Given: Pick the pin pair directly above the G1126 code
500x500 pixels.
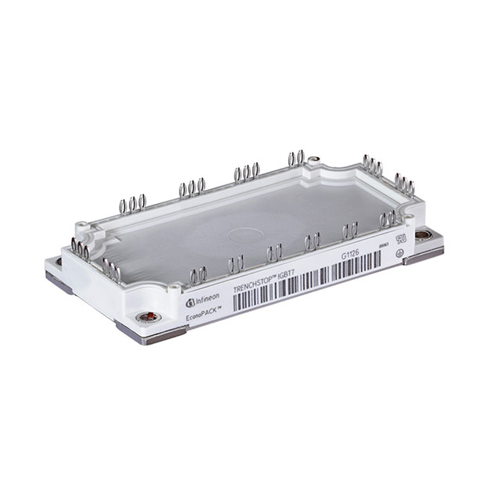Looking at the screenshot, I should coord(350,230).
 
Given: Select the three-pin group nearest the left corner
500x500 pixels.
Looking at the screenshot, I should coord(81,248).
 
